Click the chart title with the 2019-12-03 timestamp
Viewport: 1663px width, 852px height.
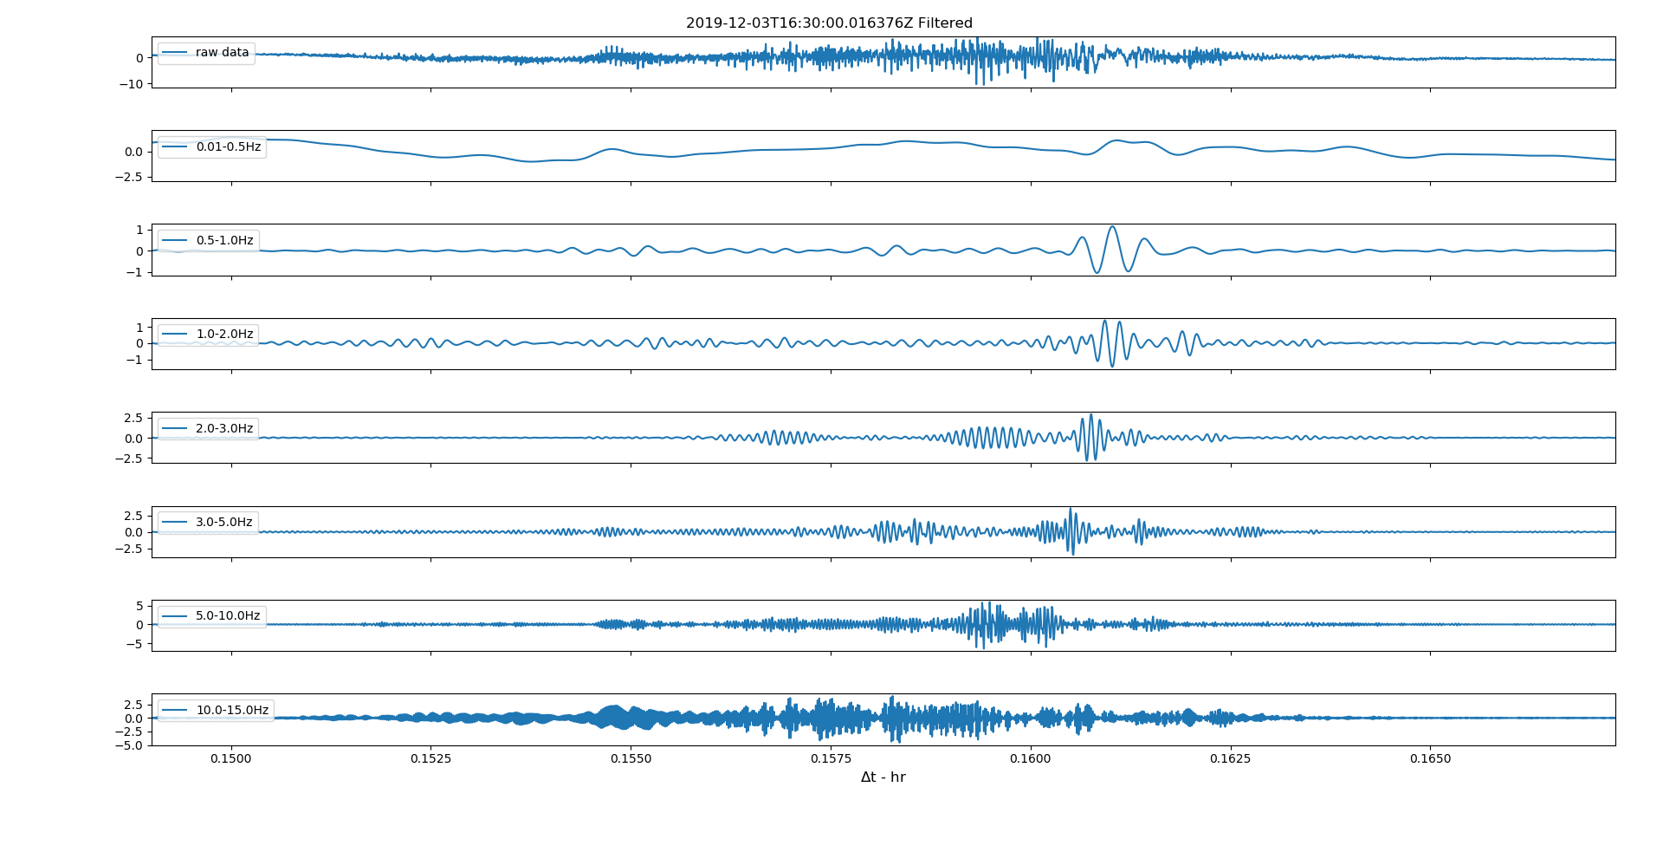[829, 23]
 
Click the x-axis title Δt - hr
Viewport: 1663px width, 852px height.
[883, 777]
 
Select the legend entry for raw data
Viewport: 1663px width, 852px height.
[222, 53]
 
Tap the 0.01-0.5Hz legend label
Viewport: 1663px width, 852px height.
[228, 147]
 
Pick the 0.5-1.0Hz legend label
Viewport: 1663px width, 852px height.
[224, 241]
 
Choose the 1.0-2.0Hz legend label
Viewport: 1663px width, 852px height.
[224, 335]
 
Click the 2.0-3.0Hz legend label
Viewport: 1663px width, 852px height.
[224, 429]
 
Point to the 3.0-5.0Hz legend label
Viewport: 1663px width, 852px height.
[224, 523]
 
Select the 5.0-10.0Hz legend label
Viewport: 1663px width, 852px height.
[228, 616]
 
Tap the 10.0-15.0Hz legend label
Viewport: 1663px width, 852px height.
[232, 711]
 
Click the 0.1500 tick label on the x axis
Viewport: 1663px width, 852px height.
[231, 758]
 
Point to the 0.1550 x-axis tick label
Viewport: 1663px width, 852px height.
[631, 758]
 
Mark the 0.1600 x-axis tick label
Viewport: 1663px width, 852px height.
[1031, 758]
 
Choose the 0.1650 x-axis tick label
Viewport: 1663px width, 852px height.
[1430, 758]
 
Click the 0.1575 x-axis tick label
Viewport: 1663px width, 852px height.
[831, 758]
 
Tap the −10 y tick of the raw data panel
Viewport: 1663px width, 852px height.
[132, 84]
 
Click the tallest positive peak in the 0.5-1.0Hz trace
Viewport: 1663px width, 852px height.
[1112, 227]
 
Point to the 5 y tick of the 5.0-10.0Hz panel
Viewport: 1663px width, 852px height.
[139, 607]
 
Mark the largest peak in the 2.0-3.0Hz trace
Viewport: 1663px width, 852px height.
[1090, 415]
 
